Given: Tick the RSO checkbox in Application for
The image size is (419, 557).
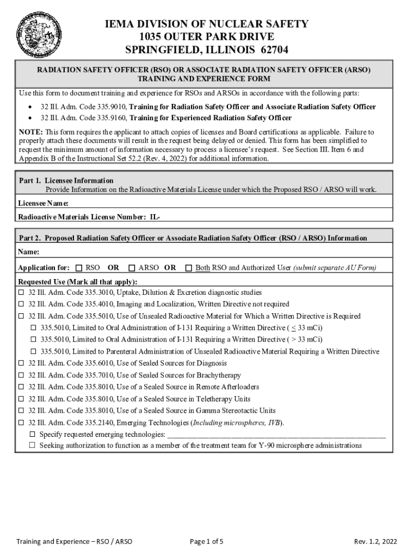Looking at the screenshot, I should (x=79, y=268).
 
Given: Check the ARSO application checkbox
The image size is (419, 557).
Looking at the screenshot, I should (x=132, y=268).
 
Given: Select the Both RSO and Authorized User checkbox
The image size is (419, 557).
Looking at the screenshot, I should (x=189, y=268).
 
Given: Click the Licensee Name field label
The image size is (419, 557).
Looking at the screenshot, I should (x=43, y=203).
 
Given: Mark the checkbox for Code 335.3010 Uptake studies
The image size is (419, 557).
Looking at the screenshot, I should (x=22, y=293).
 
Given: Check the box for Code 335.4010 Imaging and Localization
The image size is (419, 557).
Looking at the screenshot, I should (x=22, y=305).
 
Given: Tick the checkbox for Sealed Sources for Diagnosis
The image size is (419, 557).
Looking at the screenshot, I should (x=22, y=363).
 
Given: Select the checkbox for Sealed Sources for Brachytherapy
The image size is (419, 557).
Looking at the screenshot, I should (x=22, y=375).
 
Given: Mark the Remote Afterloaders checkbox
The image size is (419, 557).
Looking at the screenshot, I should (x=22, y=387).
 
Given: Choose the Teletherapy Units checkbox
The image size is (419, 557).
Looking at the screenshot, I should (x=22, y=399).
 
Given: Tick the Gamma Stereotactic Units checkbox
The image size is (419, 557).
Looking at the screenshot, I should (x=22, y=411).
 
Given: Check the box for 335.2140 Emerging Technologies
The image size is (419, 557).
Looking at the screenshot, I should (x=22, y=423).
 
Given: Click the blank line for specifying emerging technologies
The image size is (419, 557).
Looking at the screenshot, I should (x=276, y=435).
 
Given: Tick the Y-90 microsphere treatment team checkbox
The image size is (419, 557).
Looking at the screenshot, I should (x=33, y=445).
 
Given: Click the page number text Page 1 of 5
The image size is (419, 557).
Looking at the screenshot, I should (x=207, y=541).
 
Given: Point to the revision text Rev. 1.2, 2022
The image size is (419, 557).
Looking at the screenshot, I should (x=375, y=541).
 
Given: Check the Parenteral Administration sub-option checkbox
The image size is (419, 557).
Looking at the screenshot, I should (x=33, y=351).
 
